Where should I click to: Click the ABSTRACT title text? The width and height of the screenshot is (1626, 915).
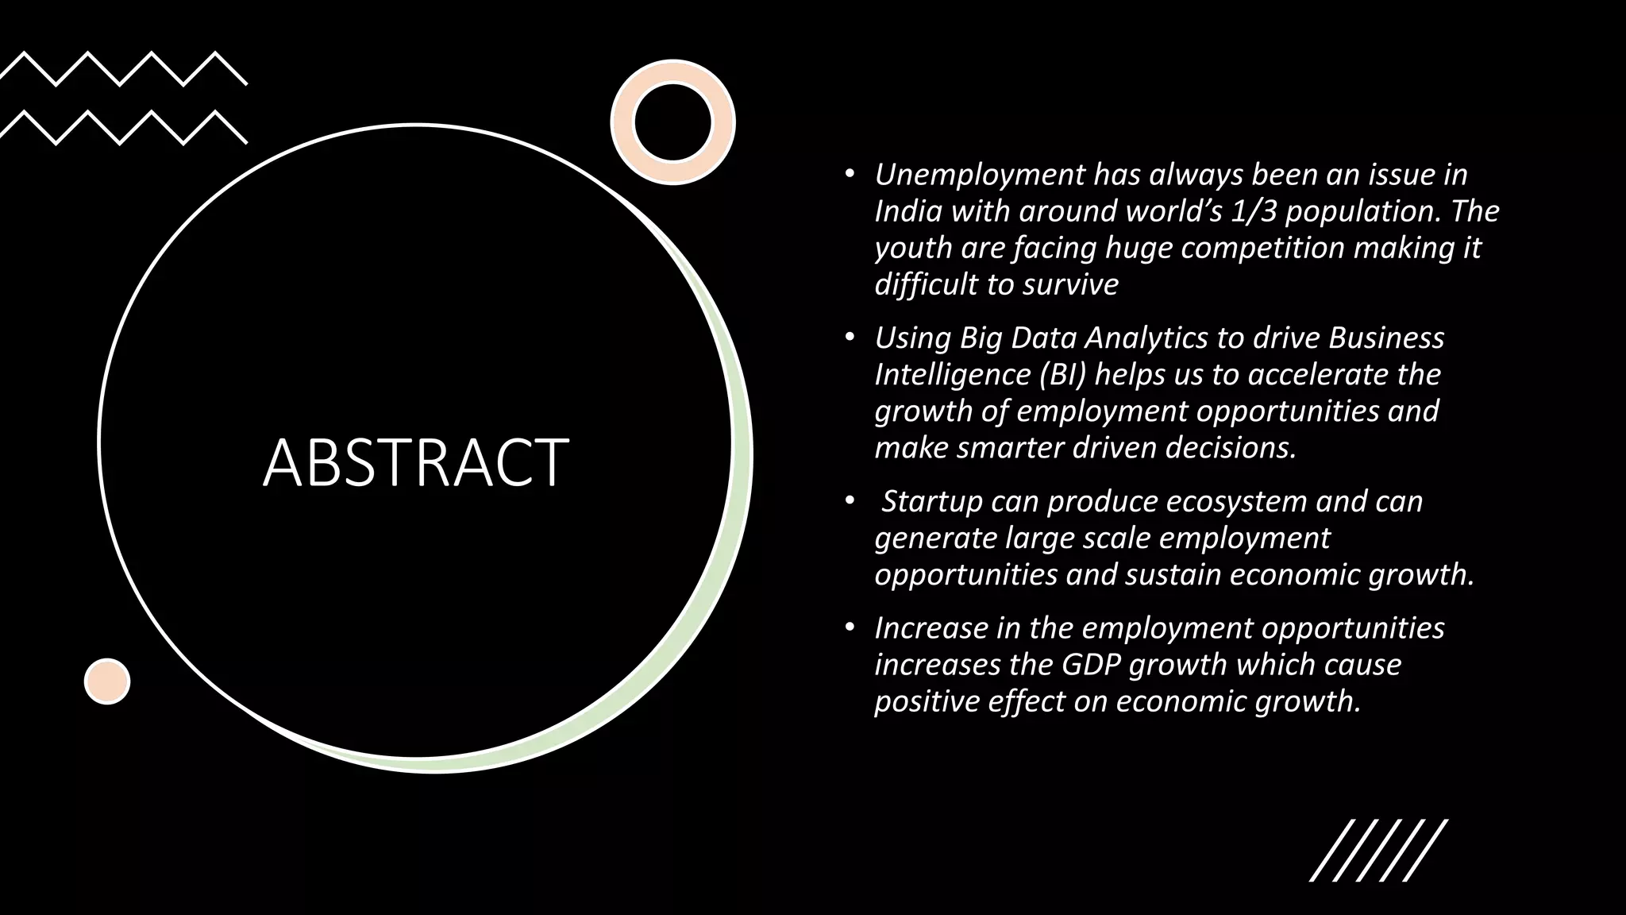(416, 462)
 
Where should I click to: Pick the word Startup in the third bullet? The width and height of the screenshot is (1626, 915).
(932, 502)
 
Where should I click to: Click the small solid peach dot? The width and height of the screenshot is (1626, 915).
(107, 681)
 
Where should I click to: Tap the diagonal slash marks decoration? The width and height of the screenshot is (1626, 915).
(1378, 850)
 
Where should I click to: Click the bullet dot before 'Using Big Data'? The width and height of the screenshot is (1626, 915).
(850, 338)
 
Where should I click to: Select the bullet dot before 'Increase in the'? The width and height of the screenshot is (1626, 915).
(850, 628)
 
